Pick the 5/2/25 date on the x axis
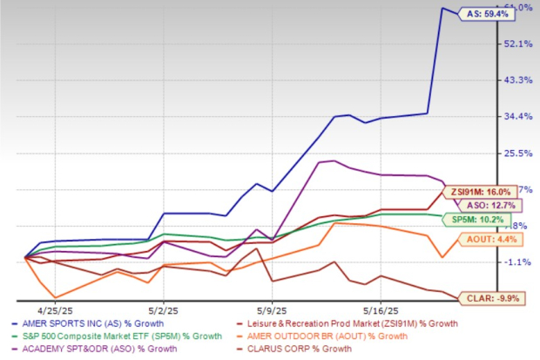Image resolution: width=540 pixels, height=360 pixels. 164,309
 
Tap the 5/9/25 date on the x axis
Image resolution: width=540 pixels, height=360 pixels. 272,309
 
